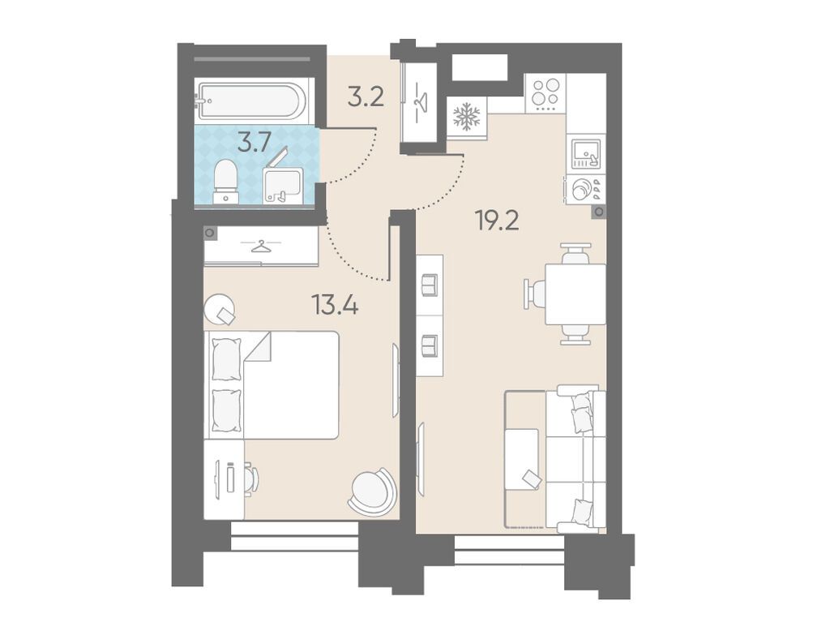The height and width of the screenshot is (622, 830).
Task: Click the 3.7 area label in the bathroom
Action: pyautogui.click(x=254, y=143)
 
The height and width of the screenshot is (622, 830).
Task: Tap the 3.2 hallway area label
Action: pyautogui.click(x=366, y=97)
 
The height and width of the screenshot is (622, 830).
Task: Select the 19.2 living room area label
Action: pyautogui.click(x=497, y=220)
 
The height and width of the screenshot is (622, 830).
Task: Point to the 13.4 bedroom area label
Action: pyautogui.click(x=335, y=305)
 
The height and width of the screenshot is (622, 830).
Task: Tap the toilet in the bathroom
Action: pyautogui.click(x=226, y=181)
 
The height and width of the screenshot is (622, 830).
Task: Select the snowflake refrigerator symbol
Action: pyautogui.click(x=467, y=117)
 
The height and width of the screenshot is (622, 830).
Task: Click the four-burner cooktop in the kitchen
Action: pyautogui.click(x=545, y=94)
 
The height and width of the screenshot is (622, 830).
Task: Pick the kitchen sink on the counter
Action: pyautogui.click(x=587, y=153)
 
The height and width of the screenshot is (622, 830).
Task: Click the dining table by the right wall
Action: pyautogui.click(x=575, y=294)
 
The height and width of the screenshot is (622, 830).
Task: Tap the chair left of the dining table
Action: pyautogui.click(x=535, y=294)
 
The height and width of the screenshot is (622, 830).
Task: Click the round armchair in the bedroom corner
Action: pyautogui.click(x=372, y=491)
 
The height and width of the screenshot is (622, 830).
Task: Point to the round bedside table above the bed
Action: pyautogui.click(x=220, y=309)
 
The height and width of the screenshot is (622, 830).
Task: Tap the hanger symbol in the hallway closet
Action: pyautogui.click(x=421, y=101)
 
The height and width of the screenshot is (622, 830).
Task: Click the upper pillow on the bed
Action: pyautogui.click(x=227, y=359)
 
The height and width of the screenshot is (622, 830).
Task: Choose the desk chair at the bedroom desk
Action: pyautogui.click(x=251, y=479)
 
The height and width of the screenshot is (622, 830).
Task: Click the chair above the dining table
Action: pyautogui.click(x=575, y=253)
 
